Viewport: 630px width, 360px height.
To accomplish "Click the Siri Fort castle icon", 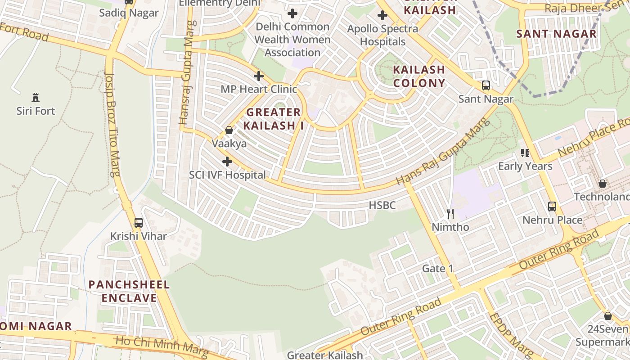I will [36, 97].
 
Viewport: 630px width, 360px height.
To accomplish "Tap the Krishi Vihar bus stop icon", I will [139, 222].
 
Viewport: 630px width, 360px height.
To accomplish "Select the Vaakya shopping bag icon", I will [229, 130].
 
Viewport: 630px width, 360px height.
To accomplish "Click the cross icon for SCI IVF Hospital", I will [227, 162].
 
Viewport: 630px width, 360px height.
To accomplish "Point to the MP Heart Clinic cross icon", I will [258, 76].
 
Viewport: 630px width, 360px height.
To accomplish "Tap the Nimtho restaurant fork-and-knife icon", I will [450, 214].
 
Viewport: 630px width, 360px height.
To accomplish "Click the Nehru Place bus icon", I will [552, 207].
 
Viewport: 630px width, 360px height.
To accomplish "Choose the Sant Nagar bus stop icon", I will [486, 85].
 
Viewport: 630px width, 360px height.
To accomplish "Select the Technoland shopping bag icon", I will [603, 184].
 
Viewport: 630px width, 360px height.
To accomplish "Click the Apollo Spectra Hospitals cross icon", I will [382, 15].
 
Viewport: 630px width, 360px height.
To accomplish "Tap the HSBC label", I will [382, 206].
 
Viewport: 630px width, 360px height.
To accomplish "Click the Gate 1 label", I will [437, 269].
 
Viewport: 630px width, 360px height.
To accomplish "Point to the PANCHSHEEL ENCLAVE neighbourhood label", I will [129, 291].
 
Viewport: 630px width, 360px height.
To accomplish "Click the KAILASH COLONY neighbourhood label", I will [419, 76].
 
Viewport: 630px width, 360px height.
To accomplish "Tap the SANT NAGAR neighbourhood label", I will [556, 34].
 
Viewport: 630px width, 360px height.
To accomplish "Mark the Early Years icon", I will [525, 153].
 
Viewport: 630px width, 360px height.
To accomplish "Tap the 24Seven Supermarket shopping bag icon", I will [608, 316].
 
